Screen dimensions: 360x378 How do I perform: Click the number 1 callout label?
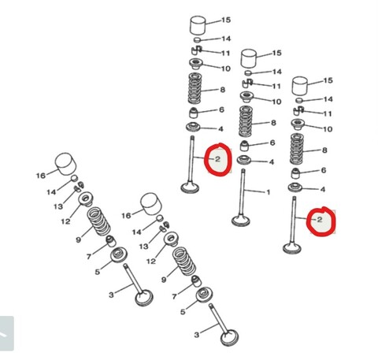pyautogui.click(x=268, y=192)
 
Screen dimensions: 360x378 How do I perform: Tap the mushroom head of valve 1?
pyautogui.click(x=243, y=217)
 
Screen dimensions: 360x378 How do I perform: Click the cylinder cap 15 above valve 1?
pyautogui.click(x=250, y=58)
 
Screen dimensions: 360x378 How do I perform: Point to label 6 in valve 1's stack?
pyautogui.click(x=272, y=143)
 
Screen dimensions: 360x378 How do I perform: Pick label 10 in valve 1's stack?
pyautogui.click(x=276, y=102)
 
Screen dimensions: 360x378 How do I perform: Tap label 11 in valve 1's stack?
pyautogui.click(x=276, y=86)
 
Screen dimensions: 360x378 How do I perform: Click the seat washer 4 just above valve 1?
pyautogui.click(x=246, y=161)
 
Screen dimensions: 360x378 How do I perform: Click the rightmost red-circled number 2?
pyautogui.click(x=319, y=221)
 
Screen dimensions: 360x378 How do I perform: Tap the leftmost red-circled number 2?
pyautogui.click(x=217, y=161)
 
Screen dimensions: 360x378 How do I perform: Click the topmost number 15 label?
pyautogui.click(x=226, y=19)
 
